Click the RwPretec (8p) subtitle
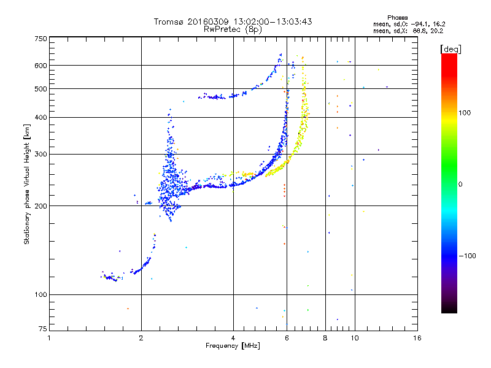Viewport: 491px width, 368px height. (x=233, y=29)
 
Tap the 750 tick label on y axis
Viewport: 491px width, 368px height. (x=41, y=39)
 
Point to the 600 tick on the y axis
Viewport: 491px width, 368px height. (x=41, y=66)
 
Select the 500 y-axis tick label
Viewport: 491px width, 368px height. (x=41, y=89)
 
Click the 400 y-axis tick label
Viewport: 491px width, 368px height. (x=41, y=117)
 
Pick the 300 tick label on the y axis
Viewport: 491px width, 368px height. (x=41, y=154)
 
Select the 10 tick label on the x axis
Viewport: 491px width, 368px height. (x=354, y=338)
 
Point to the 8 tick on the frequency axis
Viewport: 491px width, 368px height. (x=325, y=338)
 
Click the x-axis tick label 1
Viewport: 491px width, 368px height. (x=50, y=338)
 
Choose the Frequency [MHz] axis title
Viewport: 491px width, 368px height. (x=233, y=347)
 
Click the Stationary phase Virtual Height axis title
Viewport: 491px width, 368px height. (x=27, y=183)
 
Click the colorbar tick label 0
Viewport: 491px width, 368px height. (x=460, y=184)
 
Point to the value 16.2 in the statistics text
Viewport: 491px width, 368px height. (x=435, y=24)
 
